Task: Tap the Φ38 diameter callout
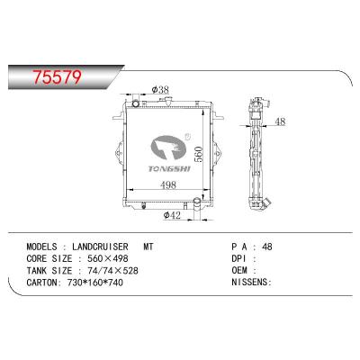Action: [160, 90]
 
